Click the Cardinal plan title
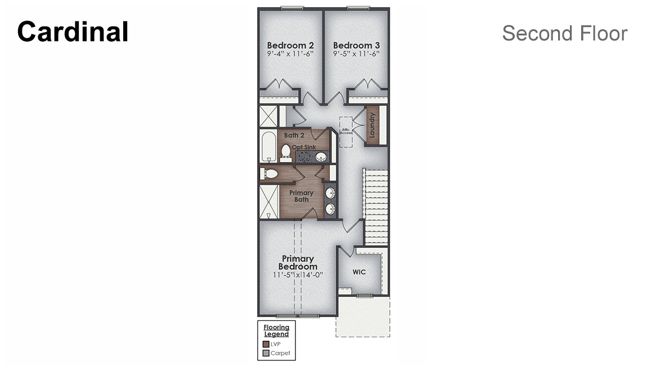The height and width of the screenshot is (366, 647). coord(73,32)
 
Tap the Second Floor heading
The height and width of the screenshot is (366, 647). coord(564,33)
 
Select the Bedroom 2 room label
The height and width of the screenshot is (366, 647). coord(290,46)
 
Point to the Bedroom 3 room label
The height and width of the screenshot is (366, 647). coord(356,46)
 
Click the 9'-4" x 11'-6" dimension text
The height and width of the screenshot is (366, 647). coord(290,54)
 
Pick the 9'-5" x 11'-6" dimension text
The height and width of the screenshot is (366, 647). coord(356,54)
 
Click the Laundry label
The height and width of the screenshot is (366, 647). coord(372,125)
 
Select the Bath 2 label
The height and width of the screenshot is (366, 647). coord(294,135)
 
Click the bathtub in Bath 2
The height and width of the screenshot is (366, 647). coord(268,146)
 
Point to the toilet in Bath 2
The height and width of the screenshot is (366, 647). coord(286,151)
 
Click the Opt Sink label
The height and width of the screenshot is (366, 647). coord(304,147)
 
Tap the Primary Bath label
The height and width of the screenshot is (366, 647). coord(302,196)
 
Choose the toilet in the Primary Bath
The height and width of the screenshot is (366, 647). coord(270,174)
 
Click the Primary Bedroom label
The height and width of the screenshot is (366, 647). coord(298,263)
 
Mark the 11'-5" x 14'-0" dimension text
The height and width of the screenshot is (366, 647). coord(298,275)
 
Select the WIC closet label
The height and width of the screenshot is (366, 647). coord(359,272)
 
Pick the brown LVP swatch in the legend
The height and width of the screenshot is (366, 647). coord(266,344)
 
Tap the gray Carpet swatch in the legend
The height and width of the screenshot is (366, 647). coord(266,353)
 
